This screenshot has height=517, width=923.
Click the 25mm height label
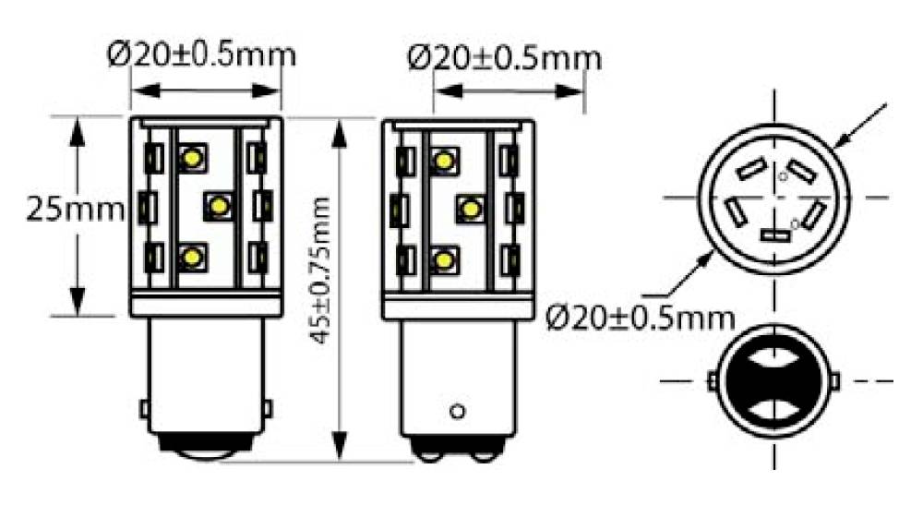75,210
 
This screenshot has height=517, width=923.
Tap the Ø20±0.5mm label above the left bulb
202,54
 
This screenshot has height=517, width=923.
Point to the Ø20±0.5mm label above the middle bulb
503,57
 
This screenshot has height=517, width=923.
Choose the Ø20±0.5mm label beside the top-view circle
639,319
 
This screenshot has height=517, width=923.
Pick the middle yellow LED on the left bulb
219,205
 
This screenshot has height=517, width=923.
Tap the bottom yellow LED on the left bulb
192,258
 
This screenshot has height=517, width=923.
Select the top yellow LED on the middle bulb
445,161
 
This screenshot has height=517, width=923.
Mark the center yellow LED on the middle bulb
471,209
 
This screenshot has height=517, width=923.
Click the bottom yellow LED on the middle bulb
445,260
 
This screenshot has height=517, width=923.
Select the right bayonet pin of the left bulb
269,407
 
